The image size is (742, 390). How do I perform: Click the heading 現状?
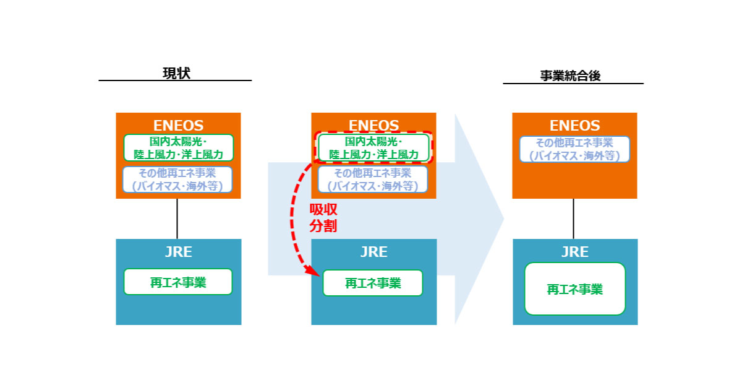[x=176, y=73]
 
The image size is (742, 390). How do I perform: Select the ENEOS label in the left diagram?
[x=178, y=125]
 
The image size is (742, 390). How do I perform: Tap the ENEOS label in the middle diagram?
[x=373, y=126]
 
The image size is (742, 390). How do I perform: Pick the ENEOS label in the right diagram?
[x=574, y=125]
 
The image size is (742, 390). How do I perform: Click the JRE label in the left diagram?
[x=178, y=252]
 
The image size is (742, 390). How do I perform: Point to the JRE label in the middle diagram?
[x=373, y=252]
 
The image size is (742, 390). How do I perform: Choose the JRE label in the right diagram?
[x=574, y=252]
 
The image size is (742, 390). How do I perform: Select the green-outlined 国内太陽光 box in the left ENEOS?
[x=179, y=148]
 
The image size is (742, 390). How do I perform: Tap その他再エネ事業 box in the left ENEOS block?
[x=177, y=180]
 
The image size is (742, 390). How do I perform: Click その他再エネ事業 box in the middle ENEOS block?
[x=373, y=180]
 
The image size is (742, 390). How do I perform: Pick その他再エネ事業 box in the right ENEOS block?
[x=574, y=149]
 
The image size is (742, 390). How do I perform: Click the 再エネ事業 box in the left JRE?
[x=178, y=282]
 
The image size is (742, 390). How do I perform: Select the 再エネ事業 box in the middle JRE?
[x=373, y=283]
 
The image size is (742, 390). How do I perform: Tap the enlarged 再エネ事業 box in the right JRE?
[x=574, y=289]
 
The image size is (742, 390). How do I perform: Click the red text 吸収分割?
[x=323, y=218]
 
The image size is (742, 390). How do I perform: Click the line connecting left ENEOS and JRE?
[x=177, y=219]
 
